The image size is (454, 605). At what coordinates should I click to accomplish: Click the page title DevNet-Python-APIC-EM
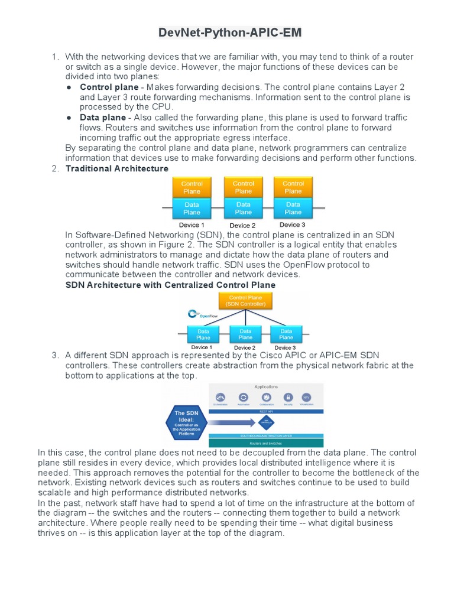(230, 33)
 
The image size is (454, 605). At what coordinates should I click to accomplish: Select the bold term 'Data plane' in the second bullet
(103, 118)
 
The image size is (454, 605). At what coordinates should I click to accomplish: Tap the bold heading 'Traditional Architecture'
(117, 168)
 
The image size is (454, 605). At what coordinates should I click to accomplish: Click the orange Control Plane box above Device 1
(192, 187)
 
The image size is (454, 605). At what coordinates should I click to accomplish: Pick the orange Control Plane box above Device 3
(293, 187)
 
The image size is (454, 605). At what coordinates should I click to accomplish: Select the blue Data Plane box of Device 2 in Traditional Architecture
(243, 208)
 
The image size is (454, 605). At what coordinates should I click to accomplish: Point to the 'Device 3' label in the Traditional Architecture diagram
(292, 225)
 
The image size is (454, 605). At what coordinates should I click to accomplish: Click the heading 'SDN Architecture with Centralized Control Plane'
(170, 285)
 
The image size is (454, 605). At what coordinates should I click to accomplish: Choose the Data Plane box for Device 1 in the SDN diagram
(203, 334)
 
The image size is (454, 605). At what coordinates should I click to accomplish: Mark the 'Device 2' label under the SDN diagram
(245, 347)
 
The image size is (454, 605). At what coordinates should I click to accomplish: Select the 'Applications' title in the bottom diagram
(266, 386)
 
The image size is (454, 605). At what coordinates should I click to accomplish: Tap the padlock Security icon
(288, 398)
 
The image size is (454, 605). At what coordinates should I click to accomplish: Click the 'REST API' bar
(266, 411)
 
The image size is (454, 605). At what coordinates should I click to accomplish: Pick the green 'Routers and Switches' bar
(266, 443)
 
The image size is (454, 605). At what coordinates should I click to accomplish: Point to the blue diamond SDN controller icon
(265, 422)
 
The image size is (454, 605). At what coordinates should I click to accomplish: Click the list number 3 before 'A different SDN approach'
(55, 355)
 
